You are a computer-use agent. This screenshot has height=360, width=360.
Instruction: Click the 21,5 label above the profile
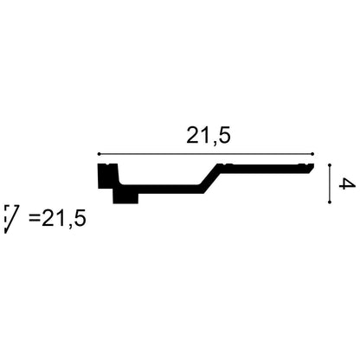tap(209, 136)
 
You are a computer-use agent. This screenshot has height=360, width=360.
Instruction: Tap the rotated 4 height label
tap(344, 183)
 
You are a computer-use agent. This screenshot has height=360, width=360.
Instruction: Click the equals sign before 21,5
tap(35, 218)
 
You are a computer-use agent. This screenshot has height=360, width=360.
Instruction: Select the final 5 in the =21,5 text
tap(80, 218)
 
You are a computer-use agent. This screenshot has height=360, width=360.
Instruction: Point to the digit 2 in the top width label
tap(193, 135)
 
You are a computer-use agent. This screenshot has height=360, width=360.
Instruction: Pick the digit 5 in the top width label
tap(224, 135)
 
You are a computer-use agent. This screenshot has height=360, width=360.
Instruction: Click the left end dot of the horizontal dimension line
tap(99, 154)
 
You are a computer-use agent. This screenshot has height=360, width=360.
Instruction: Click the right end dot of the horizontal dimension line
tap(312, 154)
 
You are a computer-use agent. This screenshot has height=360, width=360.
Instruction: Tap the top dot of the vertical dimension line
tap(330, 164)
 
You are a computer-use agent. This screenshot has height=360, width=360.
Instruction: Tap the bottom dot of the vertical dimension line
tap(330, 202)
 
